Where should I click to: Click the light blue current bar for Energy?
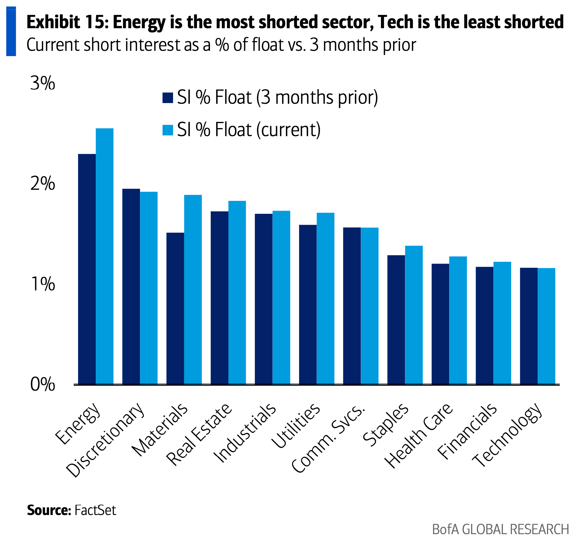click(104, 256)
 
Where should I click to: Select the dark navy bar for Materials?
click(175, 308)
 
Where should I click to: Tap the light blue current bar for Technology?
click(546, 326)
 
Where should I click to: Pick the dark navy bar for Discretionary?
click(131, 286)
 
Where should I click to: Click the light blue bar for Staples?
click(414, 315)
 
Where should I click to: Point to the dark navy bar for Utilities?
click(308, 304)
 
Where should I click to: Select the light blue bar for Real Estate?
click(237, 292)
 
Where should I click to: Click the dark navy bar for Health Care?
click(440, 324)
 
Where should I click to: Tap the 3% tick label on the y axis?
click(42, 84)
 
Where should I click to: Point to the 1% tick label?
click(42, 284)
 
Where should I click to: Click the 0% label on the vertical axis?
click(42, 384)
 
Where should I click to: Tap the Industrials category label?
click(245, 433)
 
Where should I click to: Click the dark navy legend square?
click(167, 98)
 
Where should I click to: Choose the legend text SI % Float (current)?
click(249, 130)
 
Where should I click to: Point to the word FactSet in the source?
click(95, 510)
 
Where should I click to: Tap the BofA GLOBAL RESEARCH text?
click(500, 529)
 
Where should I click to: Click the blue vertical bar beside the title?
click(11, 31)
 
